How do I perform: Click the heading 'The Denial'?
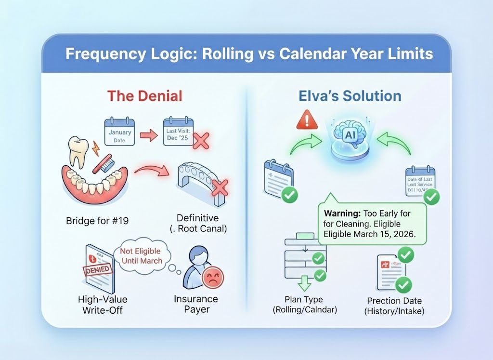(x=144, y=95)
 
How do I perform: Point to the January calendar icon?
(x=119, y=131)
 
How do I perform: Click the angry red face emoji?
(x=213, y=278)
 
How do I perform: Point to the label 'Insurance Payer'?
(x=196, y=304)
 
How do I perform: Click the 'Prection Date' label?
(x=394, y=301)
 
